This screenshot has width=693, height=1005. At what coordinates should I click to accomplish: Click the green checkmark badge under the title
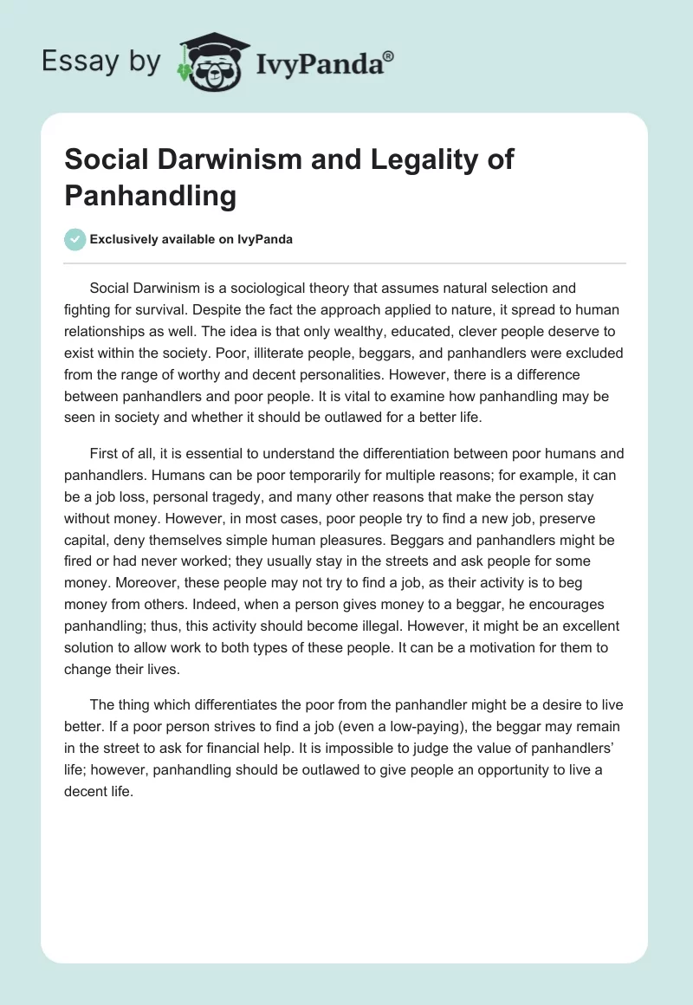(74, 239)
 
